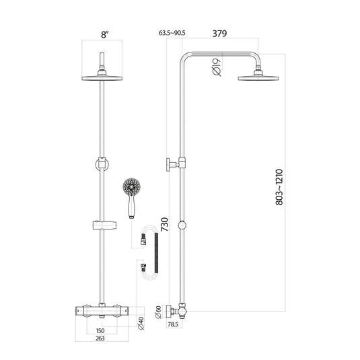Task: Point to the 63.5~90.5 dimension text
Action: click(172, 32)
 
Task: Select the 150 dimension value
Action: click(100, 331)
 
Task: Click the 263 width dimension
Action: click(100, 339)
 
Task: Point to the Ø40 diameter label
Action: click(141, 324)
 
